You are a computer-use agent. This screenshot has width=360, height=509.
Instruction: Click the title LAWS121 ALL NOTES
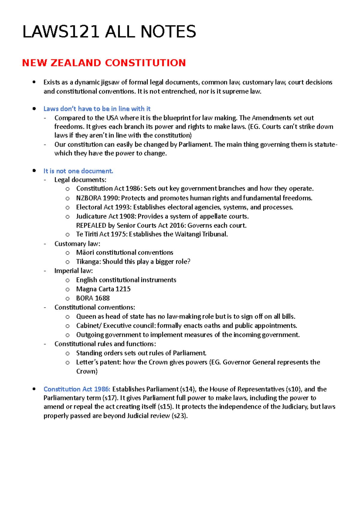[x=109, y=32]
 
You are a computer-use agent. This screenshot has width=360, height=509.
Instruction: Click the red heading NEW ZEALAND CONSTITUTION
[x=104, y=63]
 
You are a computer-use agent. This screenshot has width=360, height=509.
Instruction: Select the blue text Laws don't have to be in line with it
[x=97, y=109]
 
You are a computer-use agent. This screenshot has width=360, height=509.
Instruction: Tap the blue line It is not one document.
[x=78, y=171]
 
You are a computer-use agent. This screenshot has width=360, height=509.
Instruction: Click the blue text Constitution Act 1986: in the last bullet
[x=77, y=389]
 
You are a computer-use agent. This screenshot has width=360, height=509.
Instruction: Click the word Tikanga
[x=88, y=262]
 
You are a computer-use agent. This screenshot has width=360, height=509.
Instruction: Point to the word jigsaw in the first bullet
[x=110, y=82]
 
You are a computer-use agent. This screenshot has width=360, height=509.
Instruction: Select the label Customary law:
[x=77, y=244]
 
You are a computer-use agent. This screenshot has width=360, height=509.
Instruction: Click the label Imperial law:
[x=73, y=271]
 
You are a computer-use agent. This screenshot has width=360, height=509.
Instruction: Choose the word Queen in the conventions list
[x=85, y=317]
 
